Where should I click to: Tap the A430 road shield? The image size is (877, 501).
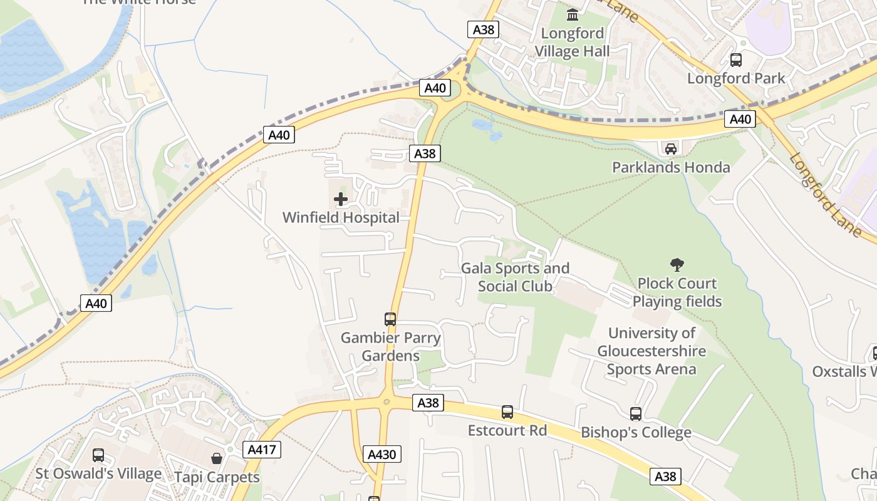(x=381, y=454)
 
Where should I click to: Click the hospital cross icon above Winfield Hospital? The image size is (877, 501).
(x=341, y=200)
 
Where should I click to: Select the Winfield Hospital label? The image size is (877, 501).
(x=341, y=218)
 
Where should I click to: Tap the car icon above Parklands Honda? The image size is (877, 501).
(x=670, y=148)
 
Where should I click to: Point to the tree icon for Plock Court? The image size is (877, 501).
(x=677, y=265)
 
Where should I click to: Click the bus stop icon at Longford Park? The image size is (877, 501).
(x=736, y=60)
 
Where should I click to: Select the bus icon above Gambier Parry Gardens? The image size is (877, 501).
(x=390, y=319)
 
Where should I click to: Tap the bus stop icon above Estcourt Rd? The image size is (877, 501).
(x=507, y=412)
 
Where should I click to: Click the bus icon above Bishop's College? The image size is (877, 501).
(x=636, y=414)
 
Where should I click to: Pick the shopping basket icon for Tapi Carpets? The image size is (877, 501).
(x=217, y=458)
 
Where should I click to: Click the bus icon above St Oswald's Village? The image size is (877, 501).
(x=98, y=455)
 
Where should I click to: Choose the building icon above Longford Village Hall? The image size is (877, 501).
(x=573, y=14)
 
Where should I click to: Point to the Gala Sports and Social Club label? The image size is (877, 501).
(x=515, y=277)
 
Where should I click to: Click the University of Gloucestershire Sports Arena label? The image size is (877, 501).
(x=651, y=351)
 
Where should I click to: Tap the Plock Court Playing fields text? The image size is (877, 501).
(x=677, y=292)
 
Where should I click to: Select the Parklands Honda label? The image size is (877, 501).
(x=670, y=167)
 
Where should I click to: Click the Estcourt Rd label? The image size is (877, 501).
(x=507, y=431)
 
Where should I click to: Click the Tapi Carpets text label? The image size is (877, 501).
(x=217, y=477)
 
